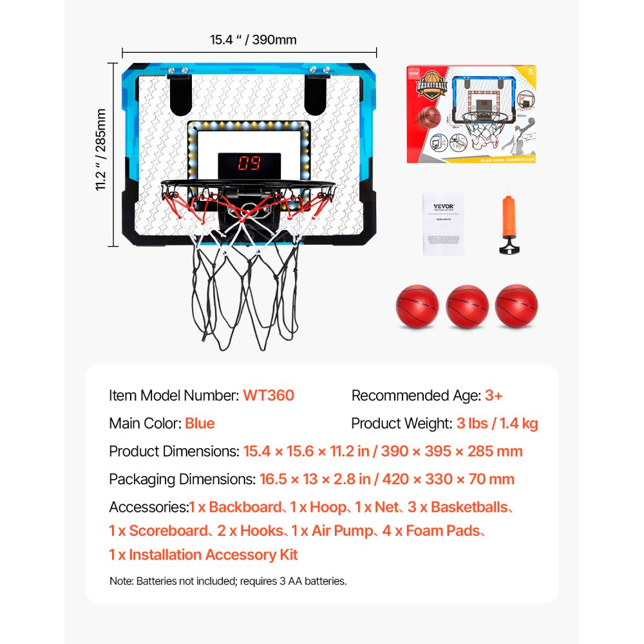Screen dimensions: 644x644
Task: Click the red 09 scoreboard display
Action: point(249,164)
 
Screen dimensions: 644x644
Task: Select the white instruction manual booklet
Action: point(443,223)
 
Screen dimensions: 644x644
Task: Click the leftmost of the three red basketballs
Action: point(417,307)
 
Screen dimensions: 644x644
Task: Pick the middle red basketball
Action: point(467,307)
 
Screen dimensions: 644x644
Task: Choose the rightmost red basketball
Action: point(516,307)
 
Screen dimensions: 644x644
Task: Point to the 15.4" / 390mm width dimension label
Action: point(253,40)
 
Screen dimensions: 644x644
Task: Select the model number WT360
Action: point(269,395)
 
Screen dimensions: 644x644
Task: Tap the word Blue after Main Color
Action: point(200,424)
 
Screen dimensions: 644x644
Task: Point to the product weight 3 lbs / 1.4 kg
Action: point(498,424)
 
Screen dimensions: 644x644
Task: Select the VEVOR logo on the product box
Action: point(416,73)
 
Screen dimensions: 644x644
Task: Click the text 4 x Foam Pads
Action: point(443,531)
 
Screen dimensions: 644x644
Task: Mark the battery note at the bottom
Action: point(228,581)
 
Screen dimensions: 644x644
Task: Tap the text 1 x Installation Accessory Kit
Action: point(204,555)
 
